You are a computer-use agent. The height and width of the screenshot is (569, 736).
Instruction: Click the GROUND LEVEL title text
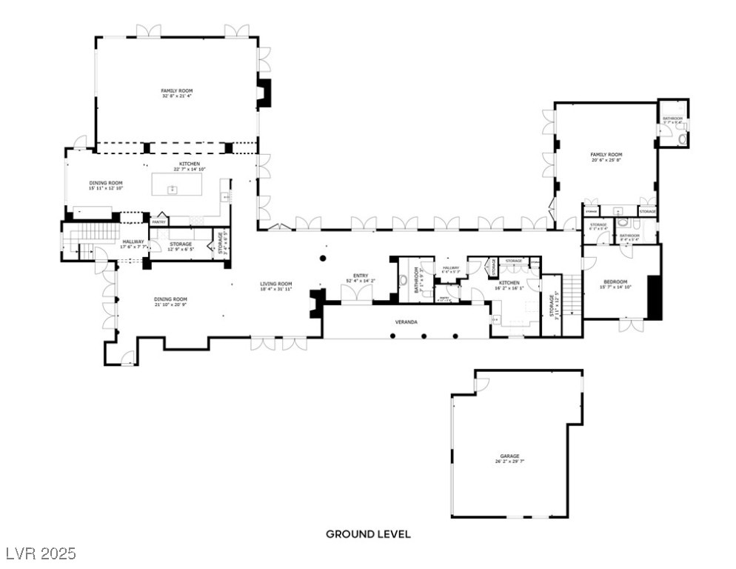click(368, 533)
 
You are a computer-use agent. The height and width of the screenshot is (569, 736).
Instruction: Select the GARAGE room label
click(509, 456)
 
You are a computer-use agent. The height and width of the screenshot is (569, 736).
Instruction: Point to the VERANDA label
click(406, 322)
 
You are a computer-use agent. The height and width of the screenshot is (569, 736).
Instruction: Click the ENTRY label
click(361, 276)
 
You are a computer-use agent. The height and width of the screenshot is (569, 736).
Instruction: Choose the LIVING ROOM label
click(275, 283)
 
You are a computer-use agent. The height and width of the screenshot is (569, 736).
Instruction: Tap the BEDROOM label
click(615, 282)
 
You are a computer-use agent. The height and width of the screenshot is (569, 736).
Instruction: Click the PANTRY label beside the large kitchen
click(158, 222)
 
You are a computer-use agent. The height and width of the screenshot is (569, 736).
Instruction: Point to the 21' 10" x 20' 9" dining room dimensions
click(170, 305)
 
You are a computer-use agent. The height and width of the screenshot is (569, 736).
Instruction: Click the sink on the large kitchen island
click(173, 190)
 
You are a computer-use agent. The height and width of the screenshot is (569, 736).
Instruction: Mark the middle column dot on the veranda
click(424, 336)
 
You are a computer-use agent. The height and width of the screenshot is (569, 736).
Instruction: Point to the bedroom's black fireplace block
click(654, 296)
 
